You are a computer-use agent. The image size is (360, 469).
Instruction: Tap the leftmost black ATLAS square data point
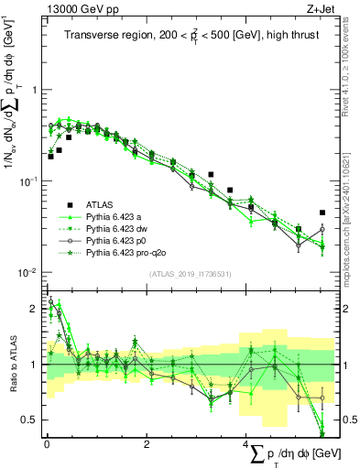coord(50,156)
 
